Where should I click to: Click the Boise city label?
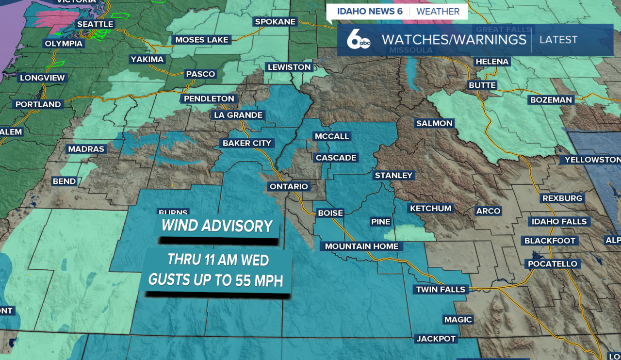pyautogui.click(x=330, y=213)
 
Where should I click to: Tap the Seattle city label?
pyautogui.click(x=95, y=24)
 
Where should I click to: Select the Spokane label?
pyautogui.click(x=275, y=22)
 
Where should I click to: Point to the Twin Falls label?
pyautogui.click(x=441, y=290)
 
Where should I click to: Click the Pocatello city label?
pyautogui.click(x=553, y=264)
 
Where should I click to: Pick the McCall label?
pyautogui.click(x=332, y=136)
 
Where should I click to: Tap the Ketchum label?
pyautogui.click(x=430, y=209)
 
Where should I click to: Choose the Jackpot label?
pyautogui.click(x=436, y=339)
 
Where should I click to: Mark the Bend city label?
pyautogui.click(x=64, y=181)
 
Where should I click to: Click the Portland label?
pyautogui.click(x=38, y=104)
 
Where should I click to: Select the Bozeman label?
pyautogui.click(x=551, y=100)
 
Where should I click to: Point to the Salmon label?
pyautogui.click(x=434, y=123)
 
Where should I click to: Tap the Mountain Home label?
pyautogui.click(x=361, y=246)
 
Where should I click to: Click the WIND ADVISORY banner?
pyautogui.click(x=217, y=226)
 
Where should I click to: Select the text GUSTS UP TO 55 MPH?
pyautogui.click(x=216, y=280)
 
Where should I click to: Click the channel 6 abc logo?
pyautogui.click(x=359, y=40)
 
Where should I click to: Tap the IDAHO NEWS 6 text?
pyautogui.click(x=370, y=11)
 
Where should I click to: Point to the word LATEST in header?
pyautogui.click(x=558, y=40)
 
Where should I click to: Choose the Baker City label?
pyautogui.click(x=247, y=143)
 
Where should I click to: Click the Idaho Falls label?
pyautogui.click(x=559, y=222)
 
